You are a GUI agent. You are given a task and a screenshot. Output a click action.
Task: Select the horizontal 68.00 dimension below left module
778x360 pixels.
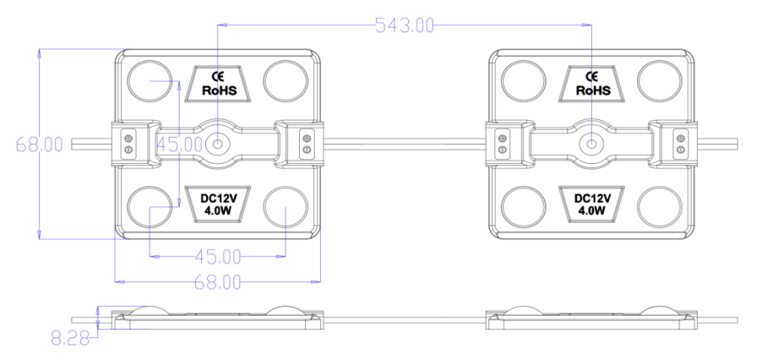(x=219, y=281)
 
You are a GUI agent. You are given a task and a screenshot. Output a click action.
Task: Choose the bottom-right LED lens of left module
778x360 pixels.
(x=286, y=207)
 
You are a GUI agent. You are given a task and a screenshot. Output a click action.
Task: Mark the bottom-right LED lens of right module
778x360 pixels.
(x=659, y=207)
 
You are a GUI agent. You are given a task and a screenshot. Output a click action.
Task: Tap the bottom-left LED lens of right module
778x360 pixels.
(x=523, y=207)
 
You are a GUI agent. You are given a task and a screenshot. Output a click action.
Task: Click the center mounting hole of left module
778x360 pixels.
(x=219, y=144)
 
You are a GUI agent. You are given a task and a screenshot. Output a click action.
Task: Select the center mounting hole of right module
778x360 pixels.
(x=592, y=144)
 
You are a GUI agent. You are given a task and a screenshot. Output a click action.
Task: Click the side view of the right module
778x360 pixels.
(x=591, y=317)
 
